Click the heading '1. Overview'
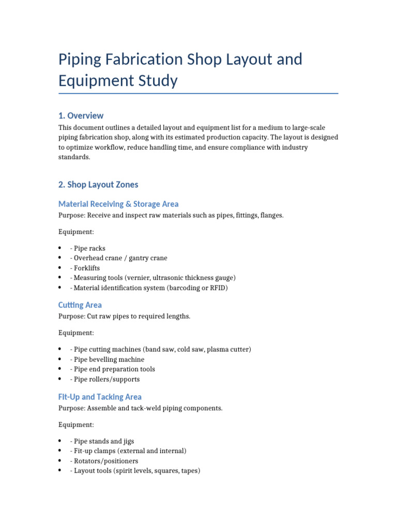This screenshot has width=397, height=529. pyautogui.click(x=81, y=115)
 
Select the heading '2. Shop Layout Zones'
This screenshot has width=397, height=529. pyautogui.click(x=98, y=184)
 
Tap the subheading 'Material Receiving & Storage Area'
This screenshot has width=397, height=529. pyautogui.click(x=118, y=204)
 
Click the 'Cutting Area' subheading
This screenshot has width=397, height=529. pyautogui.click(x=80, y=305)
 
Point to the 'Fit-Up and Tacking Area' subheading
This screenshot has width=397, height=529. pyautogui.click(x=100, y=397)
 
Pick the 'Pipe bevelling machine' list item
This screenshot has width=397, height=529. pyautogui.click(x=109, y=360)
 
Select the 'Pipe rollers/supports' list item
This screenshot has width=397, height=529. pyautogui.click(x=106, y=379)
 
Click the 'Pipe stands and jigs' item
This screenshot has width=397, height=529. pyautogui.click(x=104, y=441)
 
